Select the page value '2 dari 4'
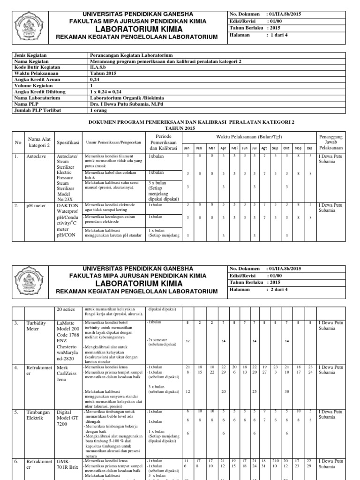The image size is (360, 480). (279, 291)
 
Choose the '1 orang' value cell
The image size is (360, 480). (99, 111)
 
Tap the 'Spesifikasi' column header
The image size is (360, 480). (68, 142)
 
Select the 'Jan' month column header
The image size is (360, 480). (187, 148)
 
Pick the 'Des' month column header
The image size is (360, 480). (309, 148)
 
